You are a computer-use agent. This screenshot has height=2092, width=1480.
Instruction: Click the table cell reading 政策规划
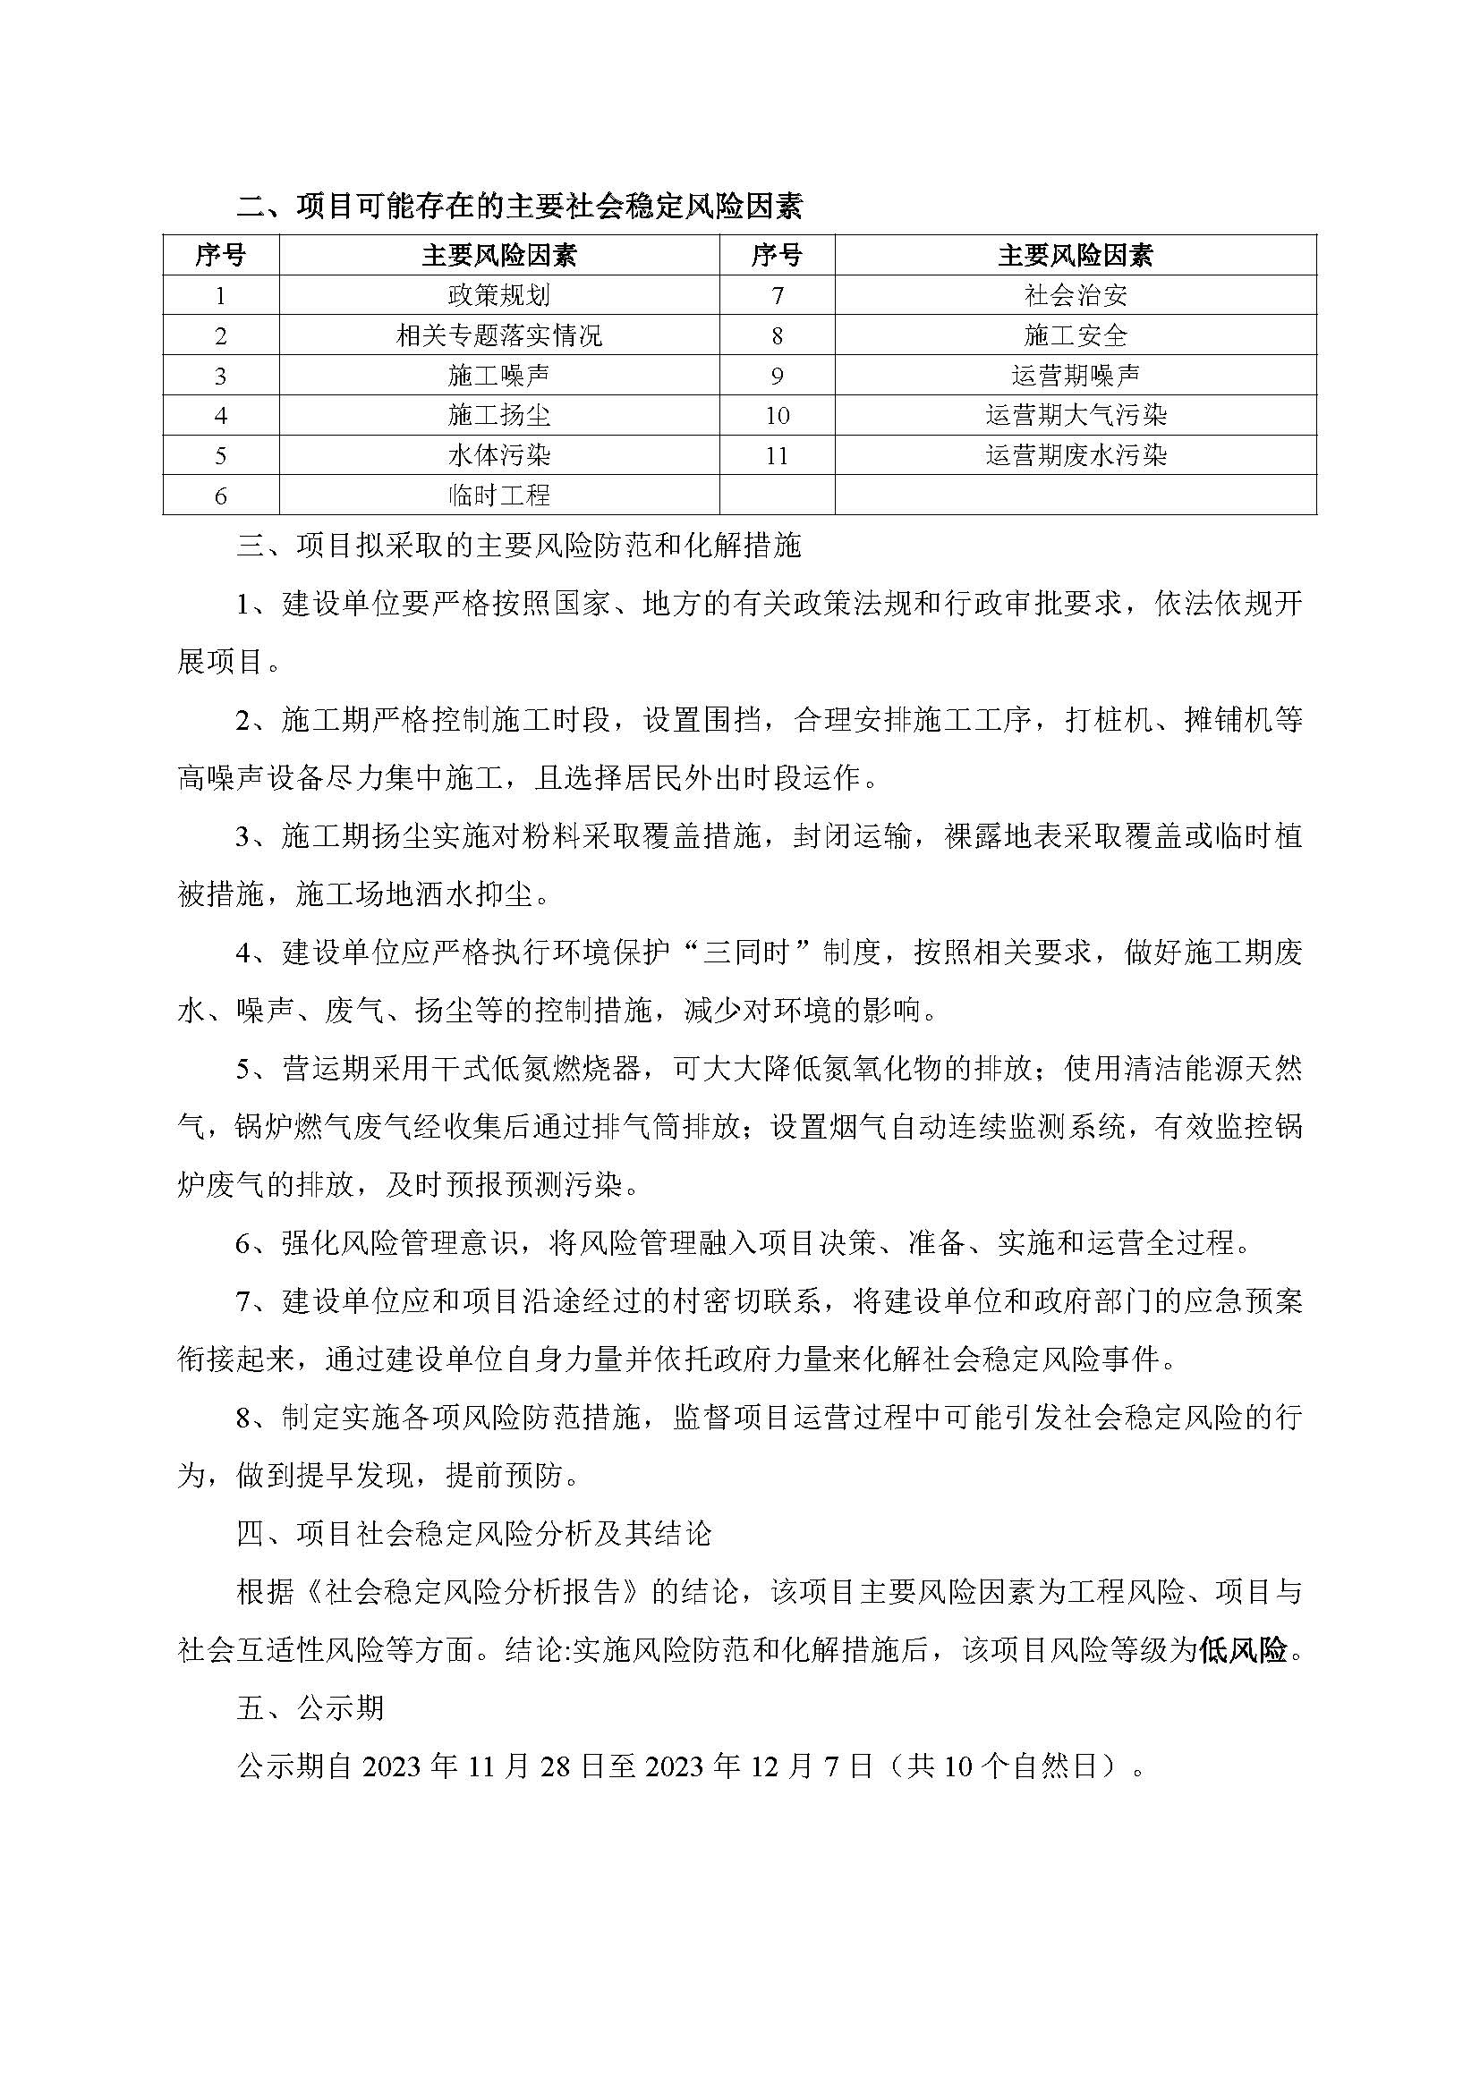click(x=498, y=295)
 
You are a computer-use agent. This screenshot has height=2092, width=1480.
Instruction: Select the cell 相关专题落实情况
click(x=498, y=335)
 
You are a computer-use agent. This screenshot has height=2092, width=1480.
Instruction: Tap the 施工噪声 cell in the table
click(x=498, y=376)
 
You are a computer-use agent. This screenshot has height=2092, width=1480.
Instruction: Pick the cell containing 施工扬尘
click(x=498, y=416)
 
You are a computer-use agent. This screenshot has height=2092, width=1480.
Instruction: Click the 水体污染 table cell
click(x=498, y=455)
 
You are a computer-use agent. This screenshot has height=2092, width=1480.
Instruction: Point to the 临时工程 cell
click(x=498, y=495)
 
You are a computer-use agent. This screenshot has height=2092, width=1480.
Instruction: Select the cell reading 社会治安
click(x=1076, y=295)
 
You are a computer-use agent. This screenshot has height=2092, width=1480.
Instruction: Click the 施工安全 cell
click(x=1076, y=335)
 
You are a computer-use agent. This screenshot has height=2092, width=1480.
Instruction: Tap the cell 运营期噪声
click(x=1076, y=376)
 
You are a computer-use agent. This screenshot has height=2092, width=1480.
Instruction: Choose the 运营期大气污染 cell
click(x=1076, y=416)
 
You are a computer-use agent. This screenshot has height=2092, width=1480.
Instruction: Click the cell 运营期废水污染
click(x=1076, y=455)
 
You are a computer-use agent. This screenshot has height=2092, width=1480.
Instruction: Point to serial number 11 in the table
click(x=777, y=455)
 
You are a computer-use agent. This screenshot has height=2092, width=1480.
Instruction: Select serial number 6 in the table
click(x=220, y=495)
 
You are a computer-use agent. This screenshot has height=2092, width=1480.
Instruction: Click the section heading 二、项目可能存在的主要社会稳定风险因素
click(x=519, y=207)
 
